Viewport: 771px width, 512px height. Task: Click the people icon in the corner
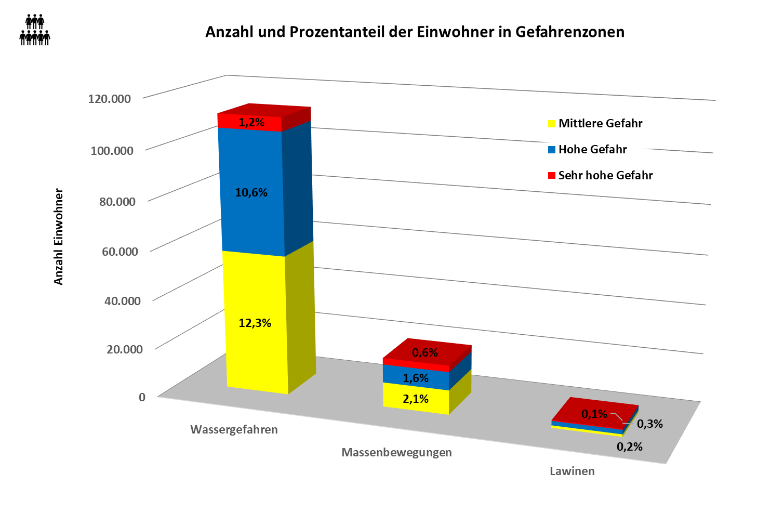[35, 30]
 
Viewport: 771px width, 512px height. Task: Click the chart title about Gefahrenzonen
[415, 32]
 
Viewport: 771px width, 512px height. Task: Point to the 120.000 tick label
[109, 98]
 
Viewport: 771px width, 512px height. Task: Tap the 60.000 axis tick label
[119, 252]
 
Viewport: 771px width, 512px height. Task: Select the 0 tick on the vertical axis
[142, 397]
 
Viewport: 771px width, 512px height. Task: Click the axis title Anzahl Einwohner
[59, 237]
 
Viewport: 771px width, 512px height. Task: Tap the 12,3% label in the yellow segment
[255, 323]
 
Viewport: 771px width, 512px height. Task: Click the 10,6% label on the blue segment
[251, 193]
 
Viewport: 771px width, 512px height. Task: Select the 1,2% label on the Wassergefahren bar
[251, 123]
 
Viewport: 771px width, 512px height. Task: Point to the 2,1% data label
[416, 399]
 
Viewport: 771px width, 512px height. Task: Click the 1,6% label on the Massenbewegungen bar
[416, 378]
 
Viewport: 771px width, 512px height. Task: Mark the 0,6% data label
[425, 353]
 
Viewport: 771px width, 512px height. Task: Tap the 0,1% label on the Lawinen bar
[594, 414]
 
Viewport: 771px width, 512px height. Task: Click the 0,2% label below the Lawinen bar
[630, 447]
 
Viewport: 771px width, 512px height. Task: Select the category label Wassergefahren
[234, 430]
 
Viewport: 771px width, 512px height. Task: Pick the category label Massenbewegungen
[396, 453]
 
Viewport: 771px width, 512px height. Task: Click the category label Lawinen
[572, 471]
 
